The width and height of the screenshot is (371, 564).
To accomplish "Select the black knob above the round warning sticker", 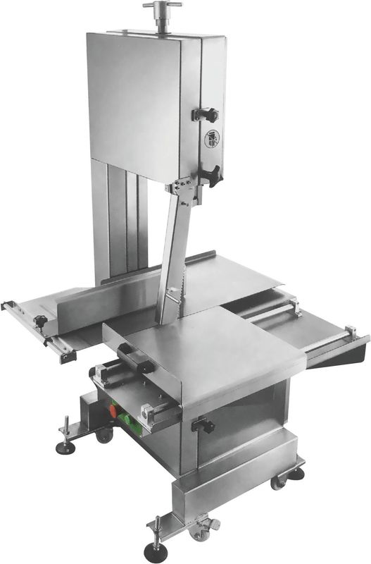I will pos(206,114).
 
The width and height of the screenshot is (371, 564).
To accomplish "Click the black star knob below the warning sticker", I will pos(208,173).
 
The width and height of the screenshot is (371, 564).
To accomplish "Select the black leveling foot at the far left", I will pos(65,448).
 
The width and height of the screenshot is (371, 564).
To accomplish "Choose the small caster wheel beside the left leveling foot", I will pos(104,436).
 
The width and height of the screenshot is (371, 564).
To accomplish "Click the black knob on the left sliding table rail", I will pos(41,321).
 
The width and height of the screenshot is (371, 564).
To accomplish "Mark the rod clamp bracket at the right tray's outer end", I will pos(349,333).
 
